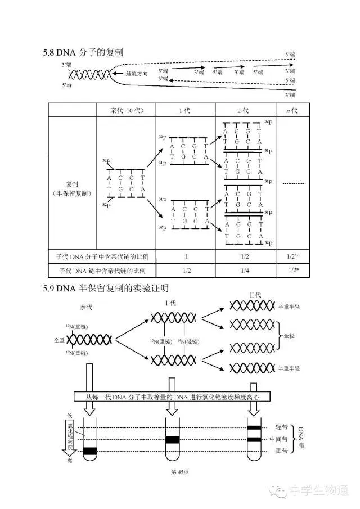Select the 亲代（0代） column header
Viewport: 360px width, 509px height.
[125, 110]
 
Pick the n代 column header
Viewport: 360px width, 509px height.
[292, 110]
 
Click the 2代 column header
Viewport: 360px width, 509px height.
[246, 110]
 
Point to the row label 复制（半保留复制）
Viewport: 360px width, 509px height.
[73, 189]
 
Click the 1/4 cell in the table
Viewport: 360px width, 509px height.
[246, 271]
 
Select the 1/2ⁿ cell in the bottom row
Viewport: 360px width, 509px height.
[292, 271]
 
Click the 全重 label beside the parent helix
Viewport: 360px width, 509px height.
[59, 340]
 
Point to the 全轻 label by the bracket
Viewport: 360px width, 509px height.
[289, 336]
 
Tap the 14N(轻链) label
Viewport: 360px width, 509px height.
[188, 341]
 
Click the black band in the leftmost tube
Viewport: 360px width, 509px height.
[90, 451]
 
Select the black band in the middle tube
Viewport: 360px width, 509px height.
[173, 439]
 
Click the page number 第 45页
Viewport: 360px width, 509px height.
[179, 472]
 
